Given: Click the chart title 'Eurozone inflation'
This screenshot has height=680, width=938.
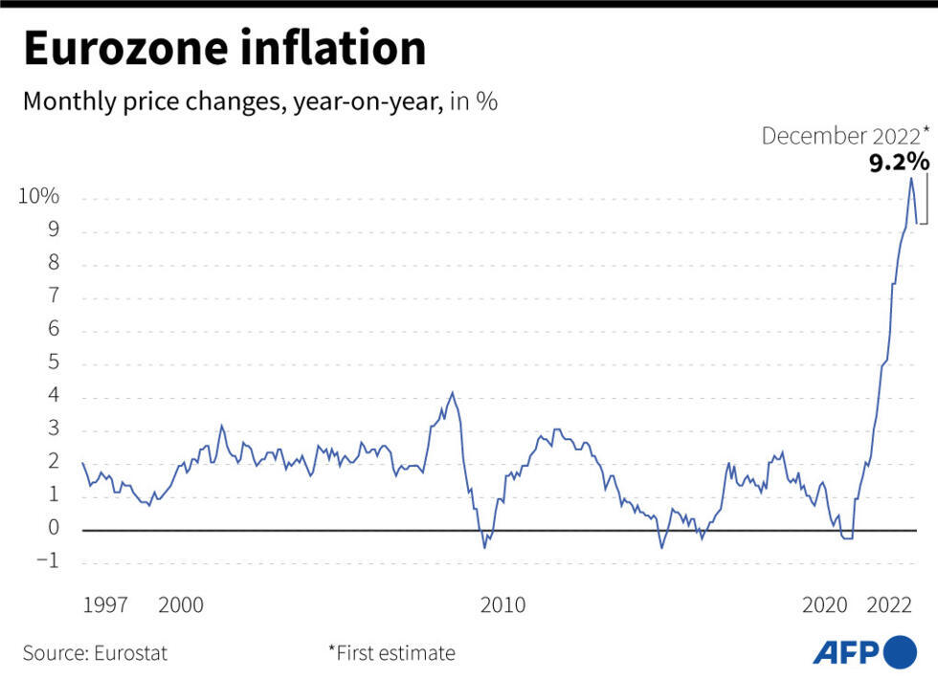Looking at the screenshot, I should (224, 50).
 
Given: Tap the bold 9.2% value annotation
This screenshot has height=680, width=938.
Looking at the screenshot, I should (898, 163).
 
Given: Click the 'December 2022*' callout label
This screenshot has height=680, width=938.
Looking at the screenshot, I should (844, 136).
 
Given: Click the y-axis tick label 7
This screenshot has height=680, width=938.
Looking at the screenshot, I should (54, 296).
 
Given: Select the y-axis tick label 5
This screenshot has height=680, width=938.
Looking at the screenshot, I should (54, 363).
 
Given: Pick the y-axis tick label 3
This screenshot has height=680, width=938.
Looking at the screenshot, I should (54, 429).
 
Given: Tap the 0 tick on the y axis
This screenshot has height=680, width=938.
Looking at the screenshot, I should (54, 529).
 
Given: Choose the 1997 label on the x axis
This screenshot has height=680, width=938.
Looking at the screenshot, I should (106, 605).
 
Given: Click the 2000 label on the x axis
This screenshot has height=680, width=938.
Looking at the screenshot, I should (181, 605).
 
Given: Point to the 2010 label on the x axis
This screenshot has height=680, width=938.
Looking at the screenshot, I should (502, 605).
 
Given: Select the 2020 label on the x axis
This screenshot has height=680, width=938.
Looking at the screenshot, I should (824, 605).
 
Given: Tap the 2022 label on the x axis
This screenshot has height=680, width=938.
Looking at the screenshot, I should (889, 605).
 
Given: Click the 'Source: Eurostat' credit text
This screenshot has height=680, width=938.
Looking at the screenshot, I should (95, 654).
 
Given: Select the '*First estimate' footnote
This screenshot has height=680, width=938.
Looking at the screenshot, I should (391, 654).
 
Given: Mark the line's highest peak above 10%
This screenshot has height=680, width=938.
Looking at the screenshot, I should (910, 179).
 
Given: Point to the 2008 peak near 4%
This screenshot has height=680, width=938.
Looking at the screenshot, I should (452, 392).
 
